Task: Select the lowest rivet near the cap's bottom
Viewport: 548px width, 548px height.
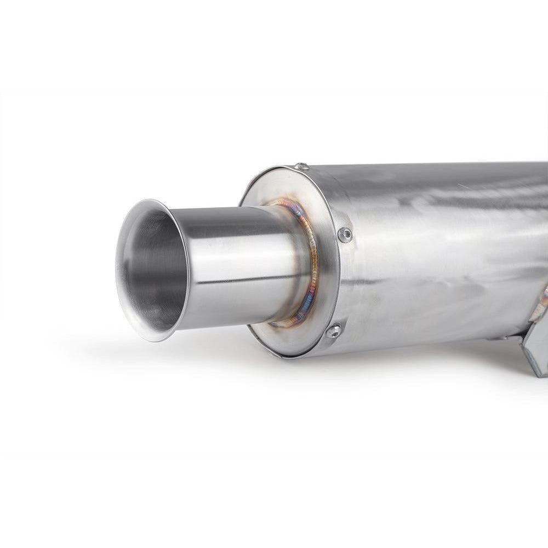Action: pyautogui.click(x=333, y=330)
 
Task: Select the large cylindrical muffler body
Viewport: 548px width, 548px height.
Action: pyautogui.click(x=438, y=247)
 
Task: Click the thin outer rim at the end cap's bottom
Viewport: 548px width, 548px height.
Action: pyautogui.click(x=296, y=357)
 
